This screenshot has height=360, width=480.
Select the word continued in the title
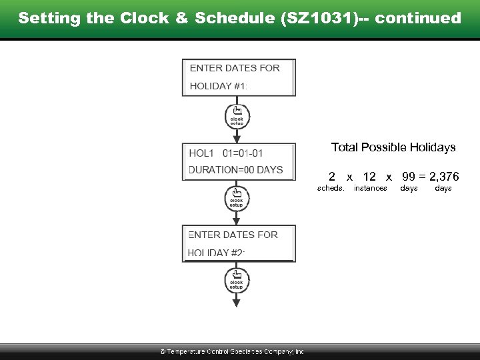[x=418, y=18]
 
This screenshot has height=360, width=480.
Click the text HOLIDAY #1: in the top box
[x=219, y=86]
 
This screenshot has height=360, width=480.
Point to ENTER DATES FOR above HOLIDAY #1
[x=235, y=68]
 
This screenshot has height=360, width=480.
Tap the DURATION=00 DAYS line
[x=236, y=170]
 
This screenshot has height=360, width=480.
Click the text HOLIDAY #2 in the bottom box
[x=217, y=253]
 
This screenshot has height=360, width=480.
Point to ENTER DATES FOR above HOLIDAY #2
[x=233, y=235]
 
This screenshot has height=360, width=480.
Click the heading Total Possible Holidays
[x=393, y=147]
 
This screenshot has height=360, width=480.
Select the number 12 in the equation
[x=369, y=177]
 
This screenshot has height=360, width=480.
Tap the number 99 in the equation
[x=409, y=177]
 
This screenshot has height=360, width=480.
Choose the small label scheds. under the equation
[x=331, y=189]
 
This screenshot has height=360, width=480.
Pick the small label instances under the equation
[x=370, y=189]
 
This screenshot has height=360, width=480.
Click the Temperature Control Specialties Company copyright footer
[x=231, y=351]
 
